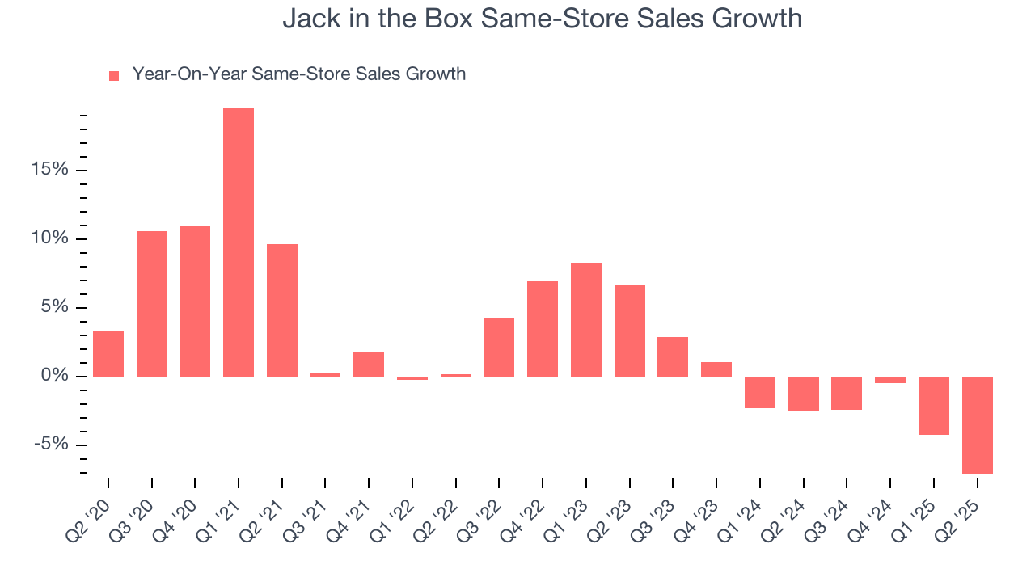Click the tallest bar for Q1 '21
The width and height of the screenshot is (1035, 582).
(239, 242)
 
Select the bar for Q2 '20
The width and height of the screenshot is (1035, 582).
(108, 354)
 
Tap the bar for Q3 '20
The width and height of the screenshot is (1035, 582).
(151, 304)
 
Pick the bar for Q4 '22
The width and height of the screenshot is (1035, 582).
(543, 329)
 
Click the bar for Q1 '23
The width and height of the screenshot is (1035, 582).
(586, 319)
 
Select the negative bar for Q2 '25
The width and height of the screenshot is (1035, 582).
(977, 425)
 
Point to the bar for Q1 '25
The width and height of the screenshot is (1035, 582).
(933, 406)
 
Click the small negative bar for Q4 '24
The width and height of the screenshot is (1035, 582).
(890, 380)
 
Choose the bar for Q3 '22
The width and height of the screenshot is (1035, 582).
(499, 348)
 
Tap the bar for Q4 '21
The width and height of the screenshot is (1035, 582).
(369, 364)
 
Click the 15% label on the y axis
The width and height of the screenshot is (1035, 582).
(49, 171)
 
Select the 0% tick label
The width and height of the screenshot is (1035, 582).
(54, 377)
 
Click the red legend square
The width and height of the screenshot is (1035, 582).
(114, 75)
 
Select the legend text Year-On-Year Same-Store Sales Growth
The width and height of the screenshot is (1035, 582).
(298, 74)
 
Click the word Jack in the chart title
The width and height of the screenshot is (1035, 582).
(305, 19)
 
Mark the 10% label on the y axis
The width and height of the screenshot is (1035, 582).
(49, 239)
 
